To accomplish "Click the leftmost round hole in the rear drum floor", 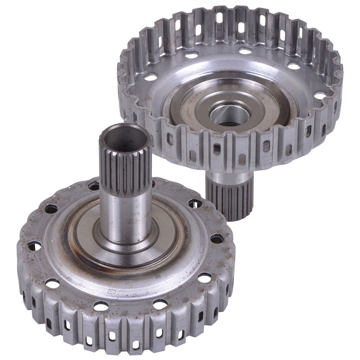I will tap(151, 78).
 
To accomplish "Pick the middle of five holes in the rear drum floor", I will tap(245, 51).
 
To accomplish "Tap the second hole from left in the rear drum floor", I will tap(191, 55).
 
